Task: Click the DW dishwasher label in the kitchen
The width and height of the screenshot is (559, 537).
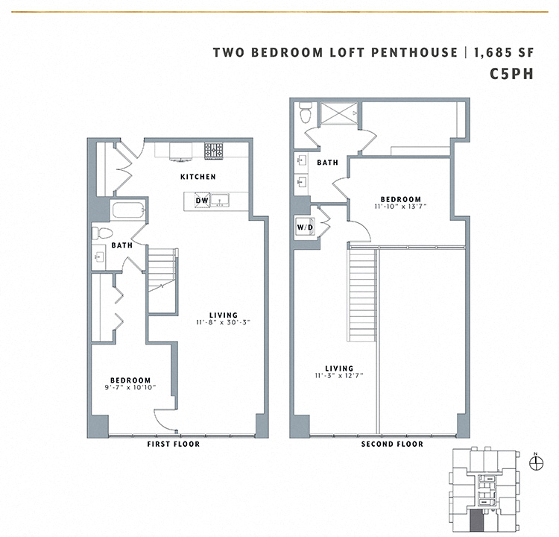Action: pyautogui.click(x=202, y=201)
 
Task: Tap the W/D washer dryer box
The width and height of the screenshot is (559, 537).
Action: pyautogui.click(x=305, y=227)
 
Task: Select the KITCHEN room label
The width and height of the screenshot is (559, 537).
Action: pyautogui.click(x=198, y=177)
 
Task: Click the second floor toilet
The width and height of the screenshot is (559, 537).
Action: pyautogui.click(x=304, y=116)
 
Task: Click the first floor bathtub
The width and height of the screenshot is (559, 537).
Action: pyautogui.click(x=126, y=210)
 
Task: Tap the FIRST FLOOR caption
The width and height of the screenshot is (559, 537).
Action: pyautogui.click(x=174, y=445)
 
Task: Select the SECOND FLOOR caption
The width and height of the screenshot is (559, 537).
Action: pyautogui.click(x=392, y=445)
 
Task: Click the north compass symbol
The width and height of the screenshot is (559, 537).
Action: pyautogui.click(x=534, y=462)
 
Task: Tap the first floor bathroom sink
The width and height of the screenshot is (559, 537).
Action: pyautogui.click(x=100, y=257)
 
